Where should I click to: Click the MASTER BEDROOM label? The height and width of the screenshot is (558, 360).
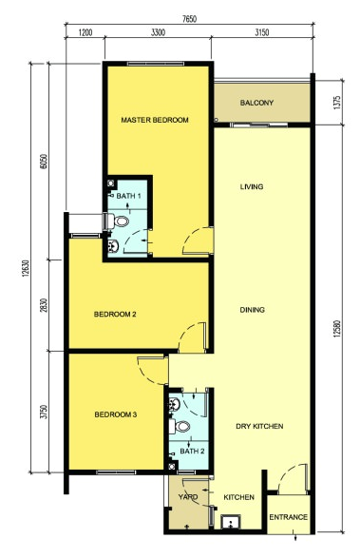(155, 120)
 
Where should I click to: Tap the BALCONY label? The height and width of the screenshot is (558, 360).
(256, 103)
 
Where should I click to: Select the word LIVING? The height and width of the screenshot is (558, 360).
(252, 186)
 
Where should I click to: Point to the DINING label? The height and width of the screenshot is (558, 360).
(253, 310)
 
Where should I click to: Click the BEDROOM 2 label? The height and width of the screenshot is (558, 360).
(115, 315)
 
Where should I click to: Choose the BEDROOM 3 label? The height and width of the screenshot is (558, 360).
(116, 414)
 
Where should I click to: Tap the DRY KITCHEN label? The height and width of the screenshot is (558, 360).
(259, 426)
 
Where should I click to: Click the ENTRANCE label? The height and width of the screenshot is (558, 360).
(289, 517)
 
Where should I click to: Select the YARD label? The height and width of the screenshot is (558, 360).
(188, 497)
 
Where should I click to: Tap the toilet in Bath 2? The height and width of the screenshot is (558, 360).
(180, 426)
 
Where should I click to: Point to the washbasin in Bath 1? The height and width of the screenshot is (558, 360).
(113, 246)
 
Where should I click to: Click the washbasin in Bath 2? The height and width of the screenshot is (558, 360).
(174, 404)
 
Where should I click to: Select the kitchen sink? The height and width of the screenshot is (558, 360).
(231, 522)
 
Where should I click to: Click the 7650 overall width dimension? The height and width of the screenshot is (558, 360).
(189, 19)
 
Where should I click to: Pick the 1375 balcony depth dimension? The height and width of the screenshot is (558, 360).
(337, 103)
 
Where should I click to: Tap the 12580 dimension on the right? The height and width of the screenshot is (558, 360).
(337, 330)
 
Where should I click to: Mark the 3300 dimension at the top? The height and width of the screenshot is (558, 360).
(158, 33)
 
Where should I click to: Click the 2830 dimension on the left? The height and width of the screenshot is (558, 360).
(44, 305)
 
